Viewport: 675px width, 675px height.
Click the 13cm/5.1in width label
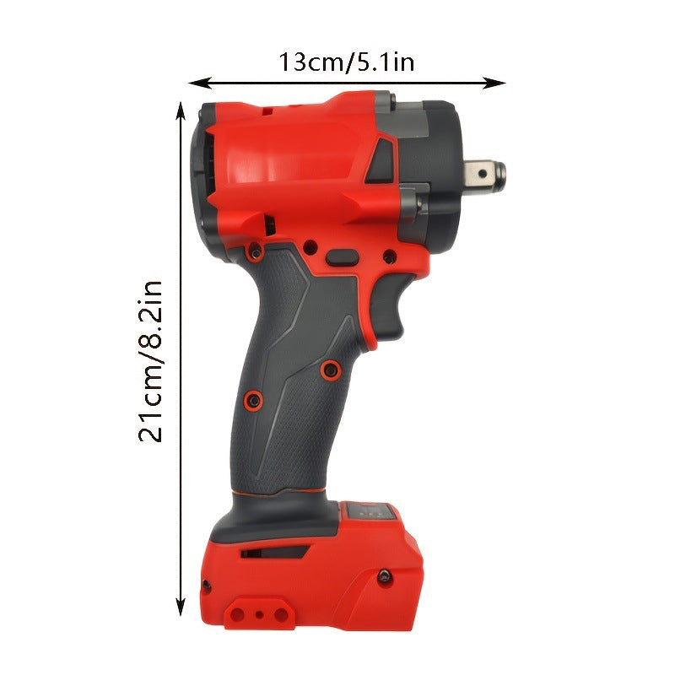click(x=347, y=62)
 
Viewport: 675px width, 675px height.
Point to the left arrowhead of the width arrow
click(x=197, y=83)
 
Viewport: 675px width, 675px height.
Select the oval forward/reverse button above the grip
click(x=342, y=256)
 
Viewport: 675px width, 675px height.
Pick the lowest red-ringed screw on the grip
click(x=251, y=397)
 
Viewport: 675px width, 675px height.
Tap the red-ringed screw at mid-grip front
click(x=331, y=368)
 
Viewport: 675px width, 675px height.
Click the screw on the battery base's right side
click(x=385, y=575)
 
